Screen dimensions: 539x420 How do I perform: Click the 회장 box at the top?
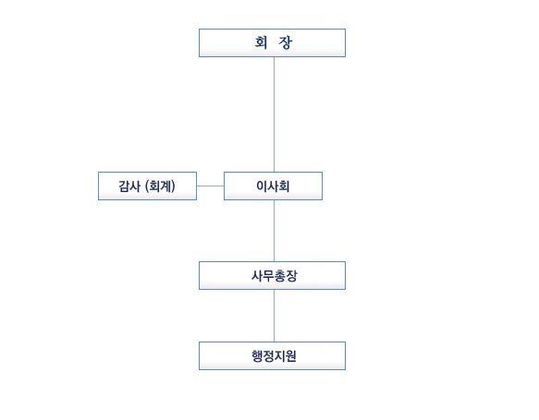(272, 42)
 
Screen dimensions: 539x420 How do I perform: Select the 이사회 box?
(274, 186)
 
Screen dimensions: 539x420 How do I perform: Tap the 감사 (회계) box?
(148, 186)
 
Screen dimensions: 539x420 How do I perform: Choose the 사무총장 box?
(272, 276)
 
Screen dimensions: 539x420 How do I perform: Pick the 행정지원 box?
(272, 355)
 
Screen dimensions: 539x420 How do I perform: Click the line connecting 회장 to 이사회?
(274, 114)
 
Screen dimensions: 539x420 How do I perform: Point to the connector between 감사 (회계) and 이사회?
(211, 186)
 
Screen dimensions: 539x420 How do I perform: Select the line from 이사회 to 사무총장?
(274, 231)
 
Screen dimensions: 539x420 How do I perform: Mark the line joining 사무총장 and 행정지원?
(274, 316)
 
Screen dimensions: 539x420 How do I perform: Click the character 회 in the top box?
(261, 42)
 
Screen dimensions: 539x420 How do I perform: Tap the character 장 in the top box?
(286, 42)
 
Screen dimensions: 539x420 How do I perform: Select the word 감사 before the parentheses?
(129, 186)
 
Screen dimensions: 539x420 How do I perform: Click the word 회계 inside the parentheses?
(160, 186)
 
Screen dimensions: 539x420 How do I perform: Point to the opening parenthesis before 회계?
(147, 186)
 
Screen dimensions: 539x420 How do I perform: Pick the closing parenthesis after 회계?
(173, 186)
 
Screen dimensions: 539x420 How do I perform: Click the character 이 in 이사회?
(262, 186)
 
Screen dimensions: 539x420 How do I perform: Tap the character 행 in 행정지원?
(257, 356)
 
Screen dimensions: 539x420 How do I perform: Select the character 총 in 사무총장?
(280, 276)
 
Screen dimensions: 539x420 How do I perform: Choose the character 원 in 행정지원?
(291, 356)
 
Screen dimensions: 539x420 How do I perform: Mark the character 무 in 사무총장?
(269, 276)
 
